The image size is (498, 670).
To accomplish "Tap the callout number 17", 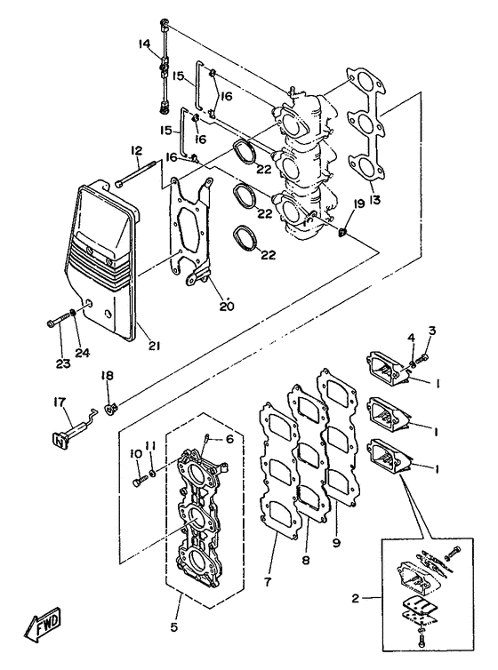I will (x=61, y=402).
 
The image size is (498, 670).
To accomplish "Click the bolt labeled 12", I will (x=136, y=178).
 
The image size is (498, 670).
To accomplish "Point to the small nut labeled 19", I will (x=342, y=233).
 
